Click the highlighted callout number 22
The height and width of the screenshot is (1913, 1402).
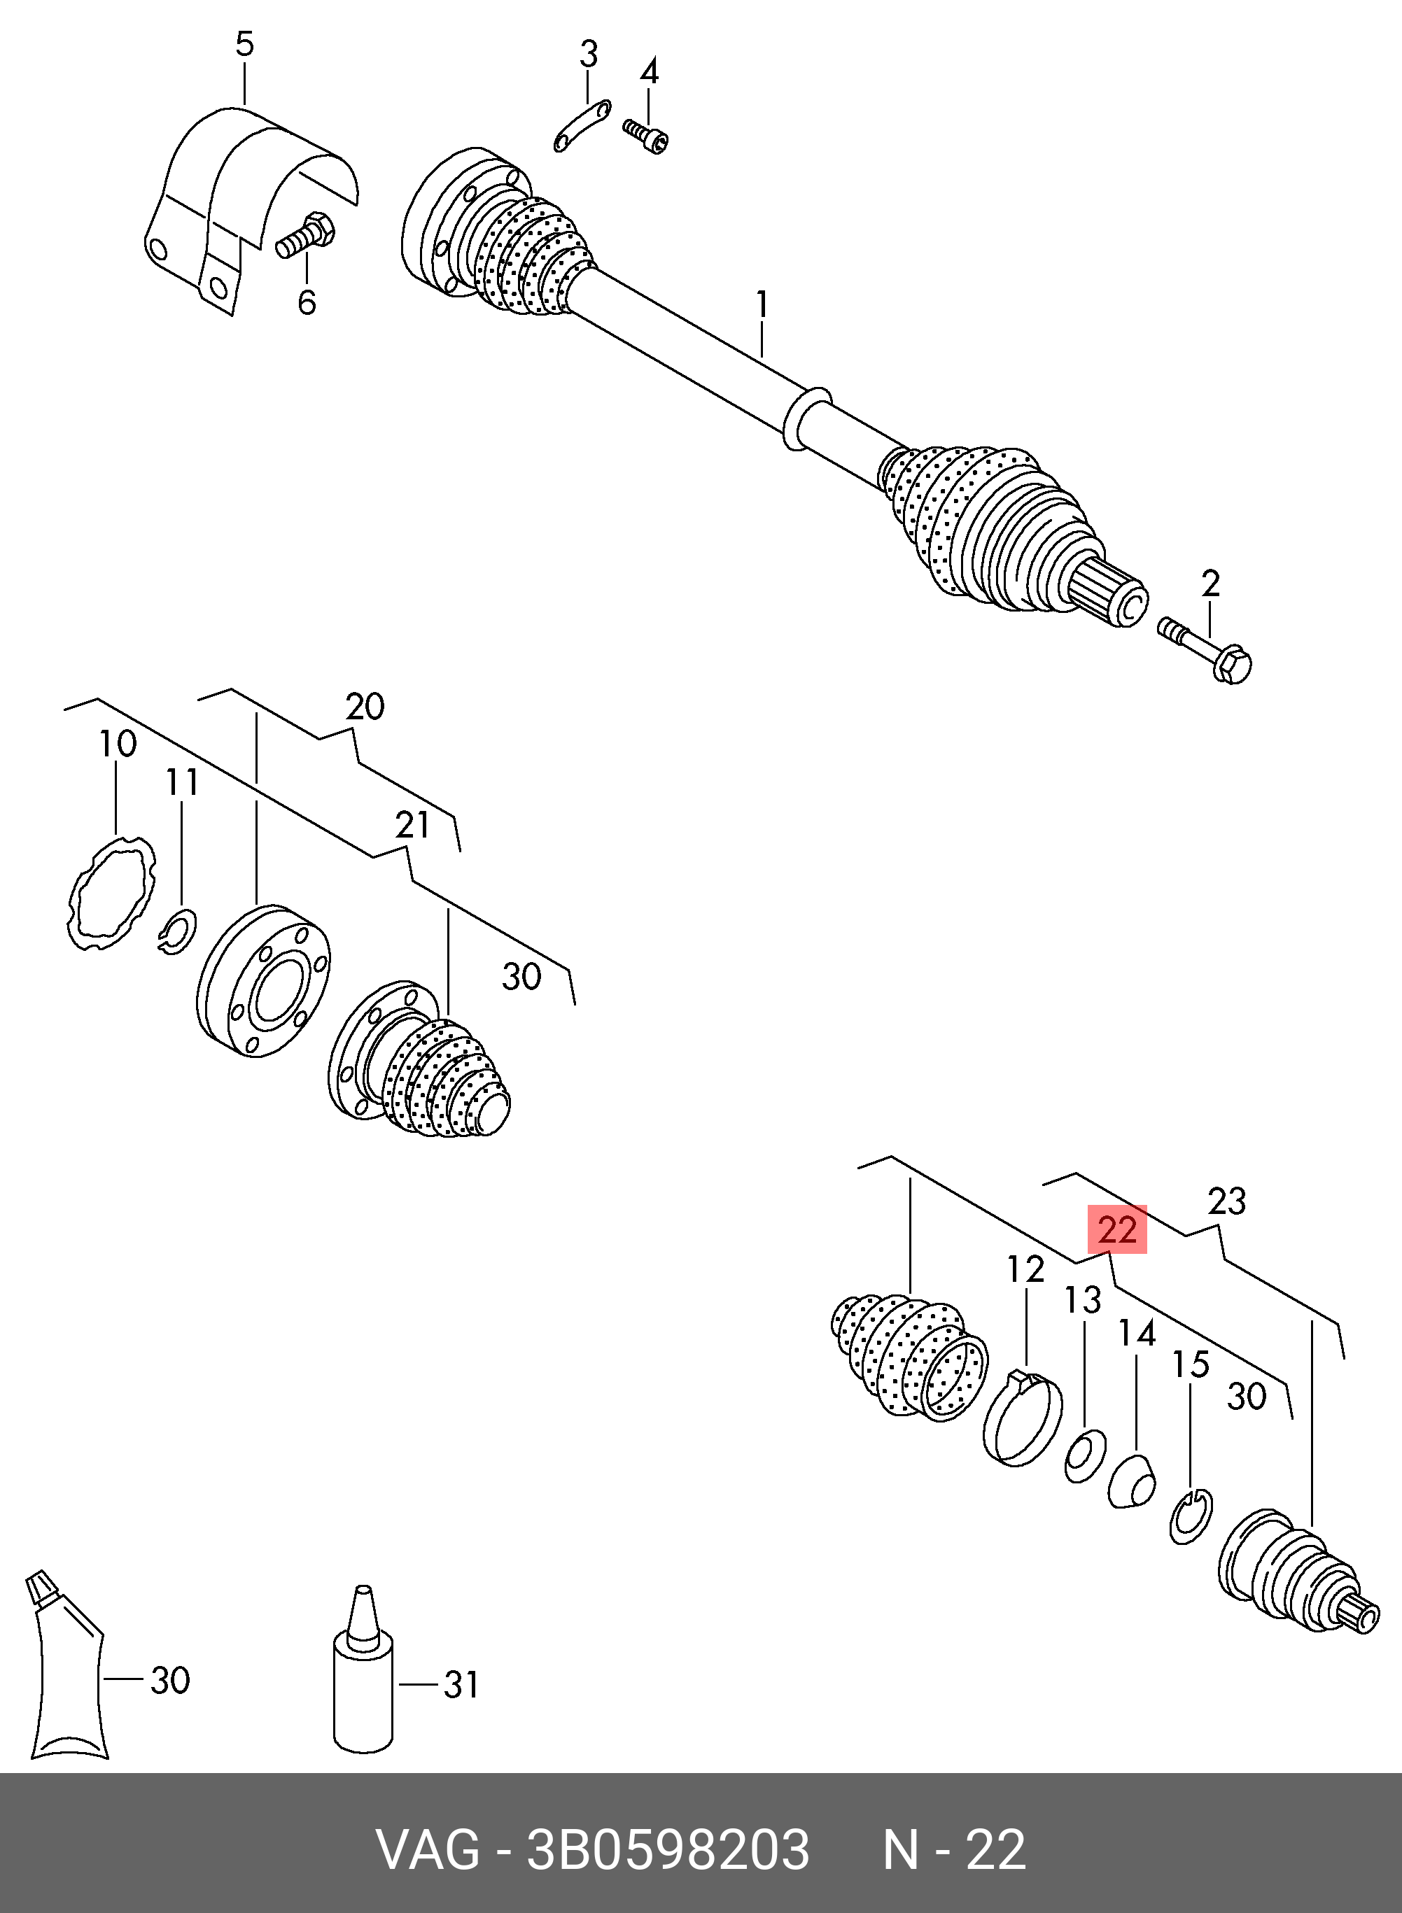click(1117, 1229)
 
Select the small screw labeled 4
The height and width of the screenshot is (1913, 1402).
click(646, 136)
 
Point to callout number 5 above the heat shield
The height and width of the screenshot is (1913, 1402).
click(244, 44)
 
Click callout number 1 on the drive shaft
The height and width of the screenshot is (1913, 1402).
click(762, 305)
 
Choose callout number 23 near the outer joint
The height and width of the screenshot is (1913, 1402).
click(1226, 1201)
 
